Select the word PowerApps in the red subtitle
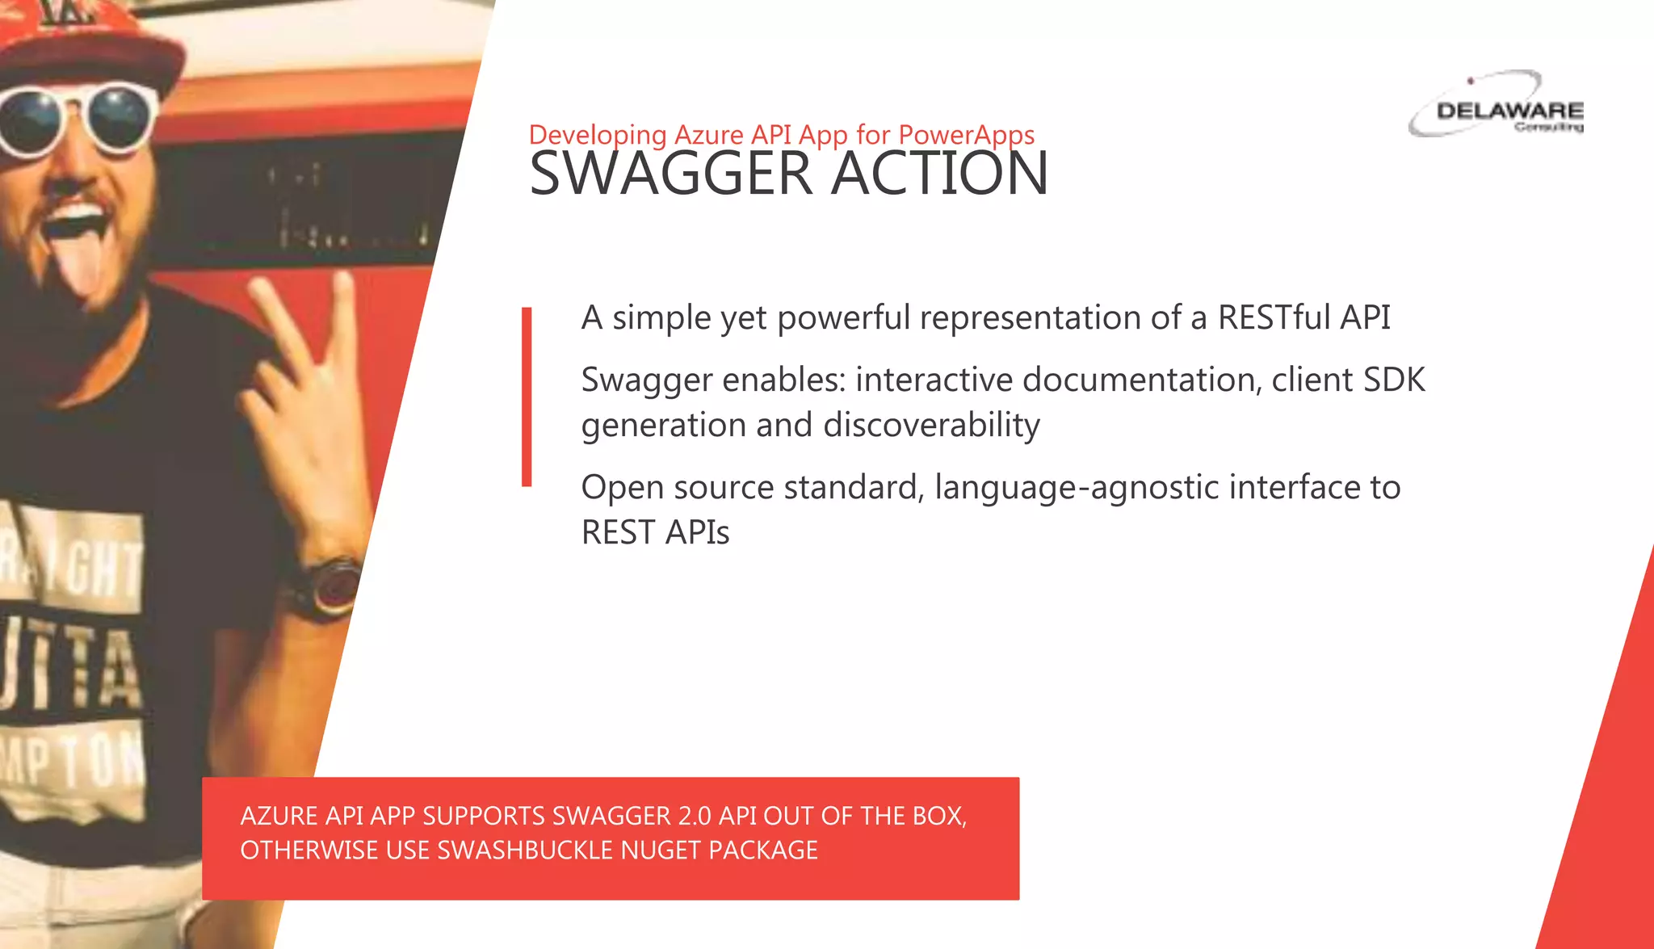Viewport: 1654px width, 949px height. (966, 135)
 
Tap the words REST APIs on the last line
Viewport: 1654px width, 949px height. (655, 532)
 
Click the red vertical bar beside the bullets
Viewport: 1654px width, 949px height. (527, 397)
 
